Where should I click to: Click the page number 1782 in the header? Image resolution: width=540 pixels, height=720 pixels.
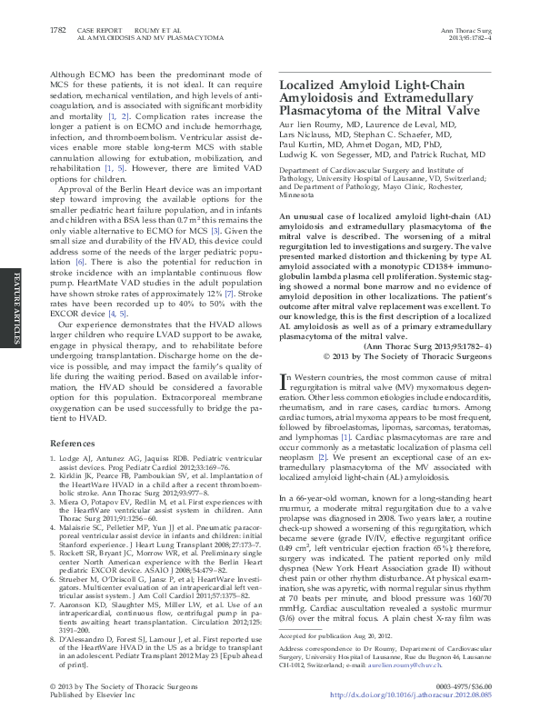[56, 31]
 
